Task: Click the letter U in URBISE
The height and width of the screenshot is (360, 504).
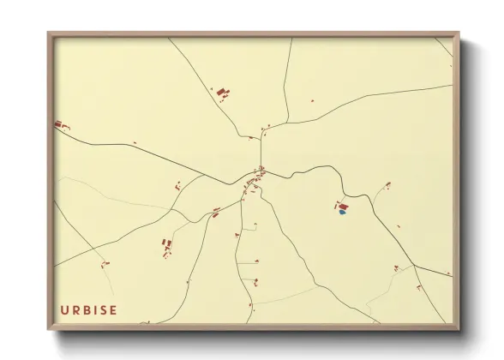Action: [64, 309]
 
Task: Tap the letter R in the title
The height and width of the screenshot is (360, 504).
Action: [75, 309]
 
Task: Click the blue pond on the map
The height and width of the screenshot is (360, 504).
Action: [342, 213]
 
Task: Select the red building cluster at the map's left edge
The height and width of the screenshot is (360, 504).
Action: [61, 126]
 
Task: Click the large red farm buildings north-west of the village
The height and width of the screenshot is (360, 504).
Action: [223, 93]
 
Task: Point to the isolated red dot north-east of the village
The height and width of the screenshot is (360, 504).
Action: [313, 102]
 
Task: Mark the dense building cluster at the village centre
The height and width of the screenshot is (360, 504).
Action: [257, 177]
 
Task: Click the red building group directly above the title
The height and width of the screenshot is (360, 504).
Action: [165, 247]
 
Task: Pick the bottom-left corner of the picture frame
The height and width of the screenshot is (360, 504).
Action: [49, 327]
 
